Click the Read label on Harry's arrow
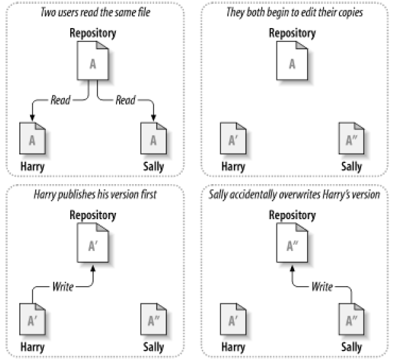61,100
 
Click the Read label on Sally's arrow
125,100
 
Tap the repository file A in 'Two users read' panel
93,61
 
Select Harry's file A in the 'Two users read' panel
32,138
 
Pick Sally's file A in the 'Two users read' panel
154,138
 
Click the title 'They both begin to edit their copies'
294,12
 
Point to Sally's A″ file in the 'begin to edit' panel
352,138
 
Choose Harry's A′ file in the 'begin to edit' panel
233,138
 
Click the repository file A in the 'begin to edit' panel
292,61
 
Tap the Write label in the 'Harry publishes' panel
63,287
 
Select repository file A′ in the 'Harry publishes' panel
93,243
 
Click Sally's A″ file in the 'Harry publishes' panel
154,319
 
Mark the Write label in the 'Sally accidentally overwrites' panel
322,287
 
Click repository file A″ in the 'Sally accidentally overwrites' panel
292,243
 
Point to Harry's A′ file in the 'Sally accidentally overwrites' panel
233,319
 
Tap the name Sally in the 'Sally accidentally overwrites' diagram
352,347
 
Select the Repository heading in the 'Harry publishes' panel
93,215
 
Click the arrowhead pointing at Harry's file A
32,117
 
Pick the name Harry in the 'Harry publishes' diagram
32,347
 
